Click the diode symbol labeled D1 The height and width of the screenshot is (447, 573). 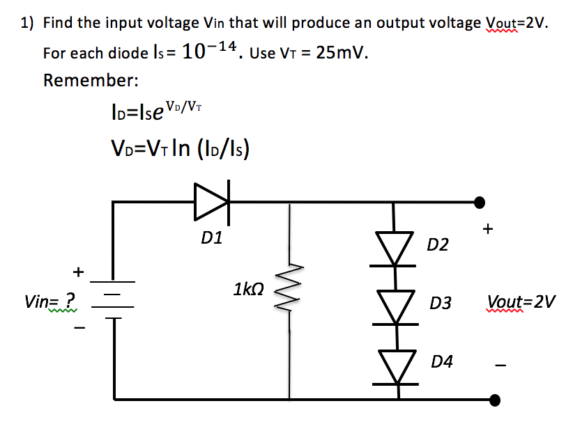(211, 201)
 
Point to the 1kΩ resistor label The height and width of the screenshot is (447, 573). (249, 288)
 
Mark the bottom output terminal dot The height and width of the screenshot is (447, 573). (495, 400)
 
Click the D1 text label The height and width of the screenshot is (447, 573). (211, 239)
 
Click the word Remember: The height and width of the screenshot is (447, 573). (91, 80)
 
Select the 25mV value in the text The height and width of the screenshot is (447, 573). (342, 53)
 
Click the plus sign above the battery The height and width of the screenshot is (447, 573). (79, 270)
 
